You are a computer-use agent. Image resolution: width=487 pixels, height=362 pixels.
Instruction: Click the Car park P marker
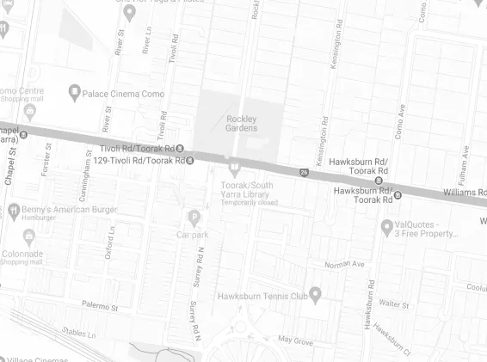pyautogui.click(x=194, y=217)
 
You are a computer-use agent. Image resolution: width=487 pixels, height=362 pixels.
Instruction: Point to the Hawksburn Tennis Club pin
pyautogui.click(x=315, y=297)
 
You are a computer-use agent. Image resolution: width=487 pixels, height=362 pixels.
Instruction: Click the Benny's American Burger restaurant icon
pyautogui.click(x=14, y=210)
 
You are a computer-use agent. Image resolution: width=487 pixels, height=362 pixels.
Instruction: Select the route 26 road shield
pyautogui.click(x=305, y=172)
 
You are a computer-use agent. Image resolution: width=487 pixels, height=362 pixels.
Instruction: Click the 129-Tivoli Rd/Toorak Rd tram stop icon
pyautogui.click(x=190, y=160)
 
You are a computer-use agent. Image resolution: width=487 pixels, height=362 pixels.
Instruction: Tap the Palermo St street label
pyautogui.click(x=100, y=306)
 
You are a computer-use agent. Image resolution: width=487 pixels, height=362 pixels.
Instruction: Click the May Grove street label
pyautogui.click(x=295, y=341)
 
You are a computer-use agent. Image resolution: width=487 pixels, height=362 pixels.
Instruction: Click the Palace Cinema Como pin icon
pyautogui.click(x=75, y=90)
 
